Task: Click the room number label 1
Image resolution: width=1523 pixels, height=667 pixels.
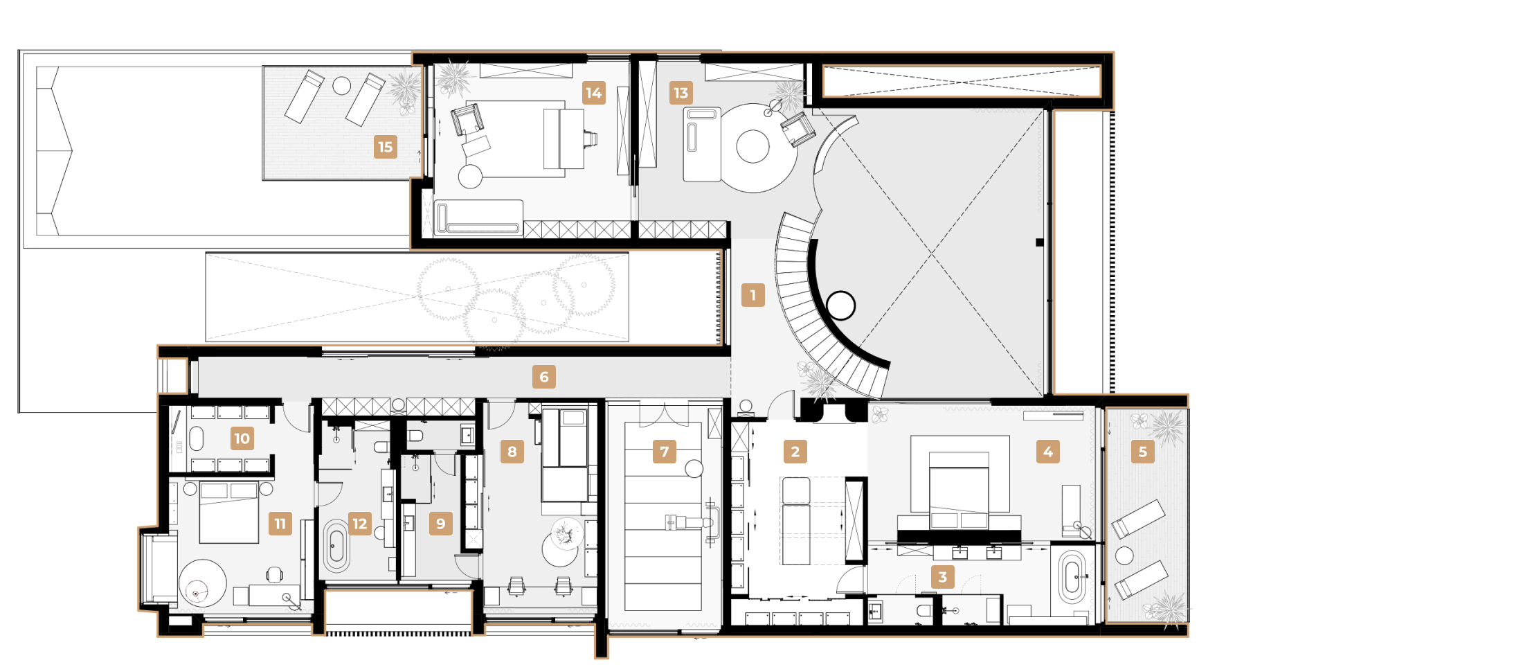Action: coord(753,295)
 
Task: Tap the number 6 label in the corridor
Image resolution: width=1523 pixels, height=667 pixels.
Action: coord(544,377)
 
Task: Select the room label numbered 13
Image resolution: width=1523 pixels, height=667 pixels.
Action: coord(681,93)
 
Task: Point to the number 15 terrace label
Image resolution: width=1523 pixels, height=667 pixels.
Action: coord(386,147)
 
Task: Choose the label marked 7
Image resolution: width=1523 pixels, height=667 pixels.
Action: coord(665,452)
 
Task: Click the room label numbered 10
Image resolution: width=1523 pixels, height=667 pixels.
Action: coord(242,438)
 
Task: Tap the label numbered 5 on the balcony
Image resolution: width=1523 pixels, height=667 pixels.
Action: coord(1143,452)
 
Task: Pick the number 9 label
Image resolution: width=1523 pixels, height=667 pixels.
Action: coord(441,524)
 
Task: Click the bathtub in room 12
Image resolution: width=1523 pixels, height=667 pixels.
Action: coord(336,546)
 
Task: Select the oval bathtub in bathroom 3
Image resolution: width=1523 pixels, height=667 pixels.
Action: coord(1072,576)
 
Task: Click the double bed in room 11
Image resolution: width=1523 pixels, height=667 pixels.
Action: coord(229,513)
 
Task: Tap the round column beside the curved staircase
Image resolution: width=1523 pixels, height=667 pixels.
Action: coord(841,305)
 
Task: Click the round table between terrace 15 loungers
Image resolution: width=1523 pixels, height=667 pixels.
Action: coord(342,86)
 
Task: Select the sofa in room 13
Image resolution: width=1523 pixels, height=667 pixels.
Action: coord(702,145)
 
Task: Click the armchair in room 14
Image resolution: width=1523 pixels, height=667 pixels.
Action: coord(467,119)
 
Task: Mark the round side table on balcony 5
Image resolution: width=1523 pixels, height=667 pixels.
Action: coord(1124,555)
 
